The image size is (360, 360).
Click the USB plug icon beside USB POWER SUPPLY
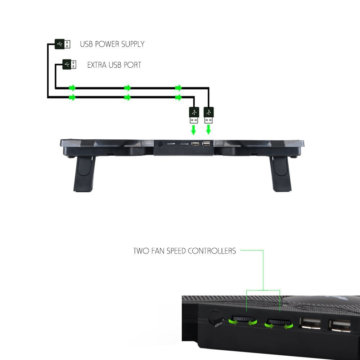(x=62, y=44)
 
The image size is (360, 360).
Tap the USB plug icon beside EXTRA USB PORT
(x=69, y=64)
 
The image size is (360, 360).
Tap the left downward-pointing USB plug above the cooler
(x=194, y=115)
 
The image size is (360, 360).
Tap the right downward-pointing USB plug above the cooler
(x=208, y=115)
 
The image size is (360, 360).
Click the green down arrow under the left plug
(x=194, y=130)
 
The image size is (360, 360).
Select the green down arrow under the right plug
(x=208, y=130)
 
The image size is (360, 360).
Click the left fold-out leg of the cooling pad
(x=84, y=174)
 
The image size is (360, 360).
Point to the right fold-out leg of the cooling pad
(x=280, y=174)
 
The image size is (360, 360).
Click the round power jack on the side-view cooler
(x=161, y=144)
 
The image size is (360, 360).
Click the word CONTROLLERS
(x=212, y=251)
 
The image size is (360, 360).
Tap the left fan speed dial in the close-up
(x=243, y=319)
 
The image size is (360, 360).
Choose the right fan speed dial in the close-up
(x=279, y=321)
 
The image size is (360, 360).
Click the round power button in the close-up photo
(x=216, y=318)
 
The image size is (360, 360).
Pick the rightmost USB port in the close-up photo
(x=340, y=326)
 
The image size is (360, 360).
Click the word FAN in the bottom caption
(x=158, y=251)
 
